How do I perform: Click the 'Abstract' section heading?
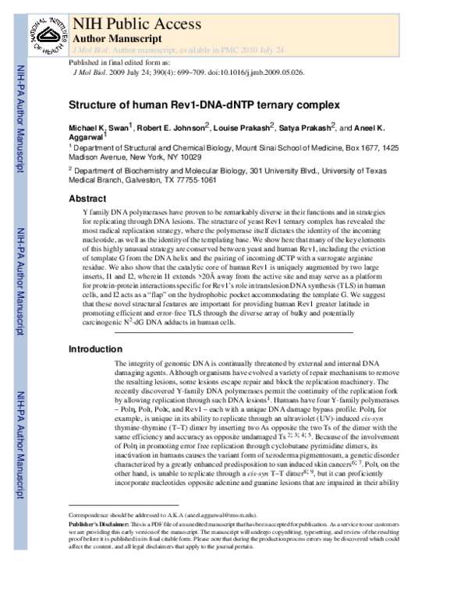(87, 199)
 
